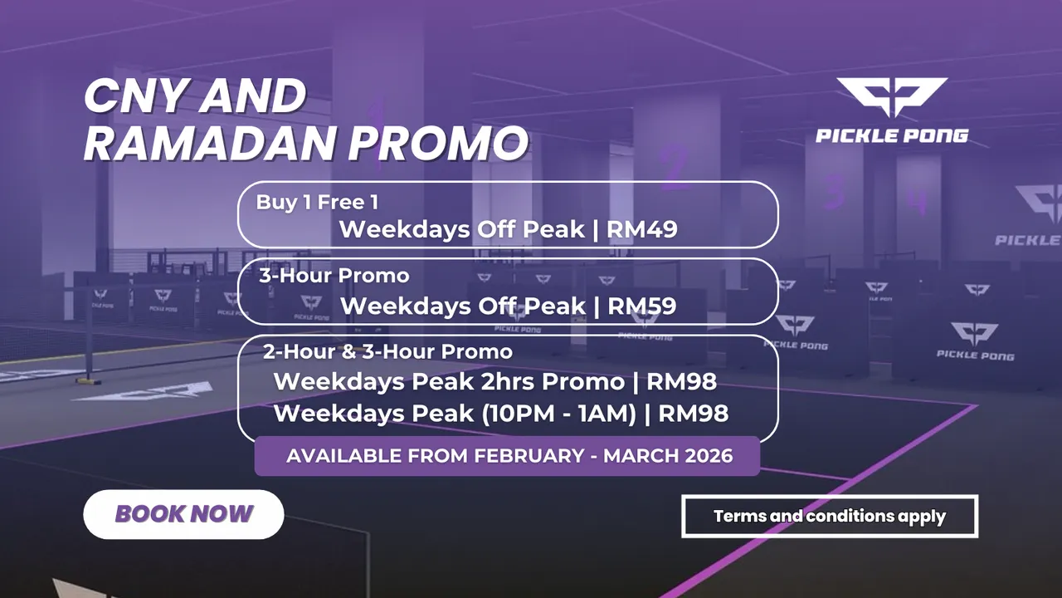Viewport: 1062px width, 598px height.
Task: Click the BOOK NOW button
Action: pyautogui.click(x=183, y=514)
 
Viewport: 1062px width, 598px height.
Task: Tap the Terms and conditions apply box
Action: pyautogui.click(x=830, y=516)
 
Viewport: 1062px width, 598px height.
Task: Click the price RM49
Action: pyautogui.click(x=642, y=229)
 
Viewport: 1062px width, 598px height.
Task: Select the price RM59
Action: pyautogui.click(x=642, y=306)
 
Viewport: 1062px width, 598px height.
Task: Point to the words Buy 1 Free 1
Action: pyautogui.click(x=317, y=202)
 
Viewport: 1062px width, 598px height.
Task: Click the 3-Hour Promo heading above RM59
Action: pyautogui.click(x=334, y=276)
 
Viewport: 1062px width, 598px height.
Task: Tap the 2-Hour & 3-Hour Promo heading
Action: pyautogui.click(x=387, y=351)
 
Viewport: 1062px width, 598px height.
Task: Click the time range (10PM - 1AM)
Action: pyautogui.click(x=559, y=414)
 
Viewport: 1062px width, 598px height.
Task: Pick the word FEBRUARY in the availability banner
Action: pyautogui.click(x=529, y=456)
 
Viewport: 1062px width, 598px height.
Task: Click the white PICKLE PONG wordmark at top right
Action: pyautogui.click(x=892, y=136)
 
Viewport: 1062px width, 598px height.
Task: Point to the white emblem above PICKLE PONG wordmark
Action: pyautogui.click(x=892, y=97)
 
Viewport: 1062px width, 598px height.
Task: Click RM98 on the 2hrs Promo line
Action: pyautogui.click(x=682, y=381)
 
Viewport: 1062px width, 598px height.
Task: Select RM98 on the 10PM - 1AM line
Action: pyautogui.click(x=693, y=414)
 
